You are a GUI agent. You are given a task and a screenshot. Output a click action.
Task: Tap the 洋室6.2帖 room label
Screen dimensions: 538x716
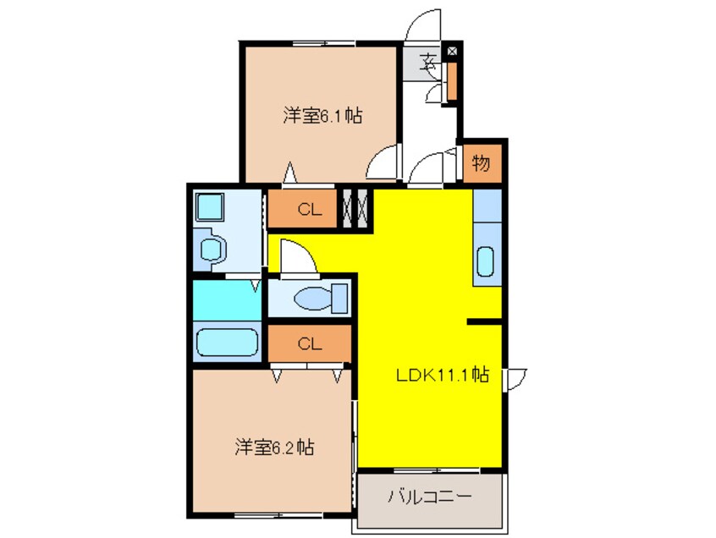pyautogui.click(x=274, y=447)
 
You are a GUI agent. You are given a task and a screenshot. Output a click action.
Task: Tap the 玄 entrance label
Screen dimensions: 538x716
pyautogui.click(x=429, y=61)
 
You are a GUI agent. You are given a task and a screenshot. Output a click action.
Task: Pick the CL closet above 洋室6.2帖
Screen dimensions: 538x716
pyautogui.click(x=309, y=343)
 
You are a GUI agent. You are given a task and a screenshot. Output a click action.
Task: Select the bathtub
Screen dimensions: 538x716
pyautogui.click(x=227, y=343)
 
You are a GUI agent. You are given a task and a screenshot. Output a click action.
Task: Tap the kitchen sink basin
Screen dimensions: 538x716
pyautogui.click(x=486, y=261)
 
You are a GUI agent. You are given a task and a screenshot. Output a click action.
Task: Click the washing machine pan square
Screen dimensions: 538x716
pyautogui.click(x=208, y=206)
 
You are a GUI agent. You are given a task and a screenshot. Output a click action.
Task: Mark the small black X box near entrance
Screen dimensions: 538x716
pyautogui.click(x=451, y=52)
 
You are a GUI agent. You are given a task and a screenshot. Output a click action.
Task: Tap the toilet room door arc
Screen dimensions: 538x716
pyautogui.click(x=296, y=256)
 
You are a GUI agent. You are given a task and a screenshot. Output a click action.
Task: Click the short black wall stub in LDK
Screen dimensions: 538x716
pyautogui.click(x=484, y=321)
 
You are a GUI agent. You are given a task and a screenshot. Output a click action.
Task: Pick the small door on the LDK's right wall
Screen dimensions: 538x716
pyautogui.click(x=515, y=377)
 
